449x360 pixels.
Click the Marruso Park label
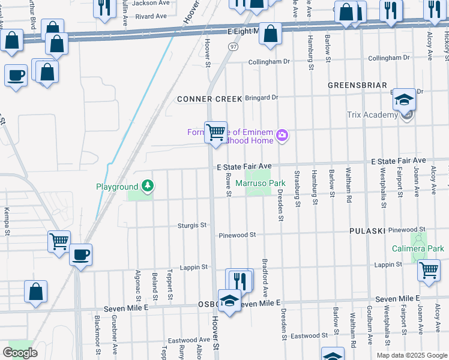pos(260,182)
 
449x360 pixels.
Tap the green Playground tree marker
pos(146,187)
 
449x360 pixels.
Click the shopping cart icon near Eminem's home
pos(215,131)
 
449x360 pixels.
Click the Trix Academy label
pos(372,115)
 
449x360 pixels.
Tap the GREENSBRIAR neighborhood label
pos(357,86)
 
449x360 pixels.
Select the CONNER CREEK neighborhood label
pos(209,98)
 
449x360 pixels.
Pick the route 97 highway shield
pos(234,46)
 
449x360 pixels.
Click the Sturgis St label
pos(192,225)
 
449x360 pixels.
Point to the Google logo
pos(20,353)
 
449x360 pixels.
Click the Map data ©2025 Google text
pos(411,355)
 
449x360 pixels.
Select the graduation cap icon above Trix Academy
pos(405,100)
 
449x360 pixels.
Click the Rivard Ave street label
pos(151,16)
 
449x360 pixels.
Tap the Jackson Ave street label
pos(151,3)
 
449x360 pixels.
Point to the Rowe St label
pos(229,185)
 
